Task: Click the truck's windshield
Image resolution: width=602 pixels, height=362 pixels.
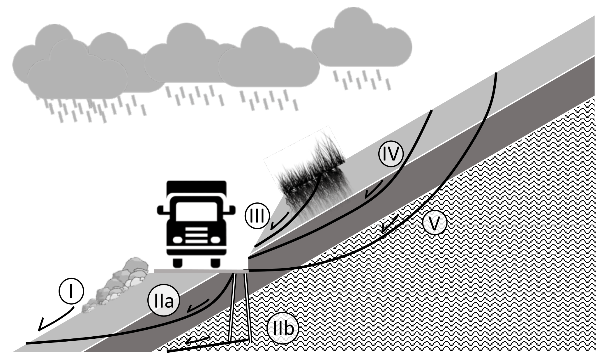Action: click(196, 213)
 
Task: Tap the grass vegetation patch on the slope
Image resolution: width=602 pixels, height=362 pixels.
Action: click(309, 172)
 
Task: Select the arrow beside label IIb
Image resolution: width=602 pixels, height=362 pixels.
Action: click(197, 340)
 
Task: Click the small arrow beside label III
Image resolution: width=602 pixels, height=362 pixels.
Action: click(278, 221)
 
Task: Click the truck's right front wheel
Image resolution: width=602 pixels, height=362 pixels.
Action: click(215, 263)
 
